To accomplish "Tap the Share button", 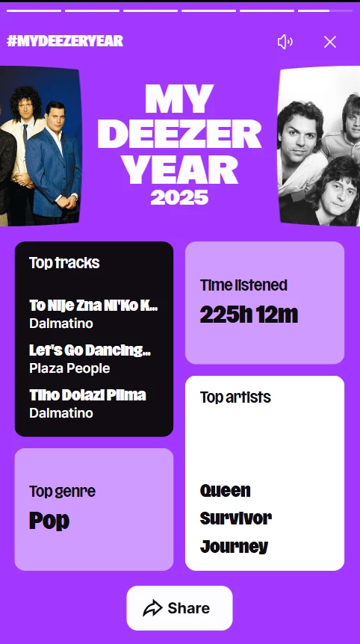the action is [179, 608].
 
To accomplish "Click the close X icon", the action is [330, 42].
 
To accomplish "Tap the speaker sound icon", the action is [285, 42].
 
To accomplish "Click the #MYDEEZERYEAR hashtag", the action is [65, 41].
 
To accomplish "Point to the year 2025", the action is [179, 197].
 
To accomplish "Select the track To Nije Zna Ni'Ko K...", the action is [93, 306].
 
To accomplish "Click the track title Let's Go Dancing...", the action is [90, 350].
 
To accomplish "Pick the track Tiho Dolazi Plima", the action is [87, 395].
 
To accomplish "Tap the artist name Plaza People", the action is [69, 368].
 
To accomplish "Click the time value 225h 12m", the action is [249, 315].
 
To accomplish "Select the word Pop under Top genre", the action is [49, 521].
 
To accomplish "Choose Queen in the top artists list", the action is [225, 490].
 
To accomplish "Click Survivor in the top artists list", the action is [235, 518].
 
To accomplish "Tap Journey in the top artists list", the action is [234, 547].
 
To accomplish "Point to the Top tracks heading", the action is [64, 262].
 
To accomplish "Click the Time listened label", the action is [243, 285].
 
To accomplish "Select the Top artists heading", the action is [235, 397].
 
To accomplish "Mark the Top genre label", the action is [62, 491].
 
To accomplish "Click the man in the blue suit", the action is [52, 162].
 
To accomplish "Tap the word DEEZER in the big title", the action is [179, 134].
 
